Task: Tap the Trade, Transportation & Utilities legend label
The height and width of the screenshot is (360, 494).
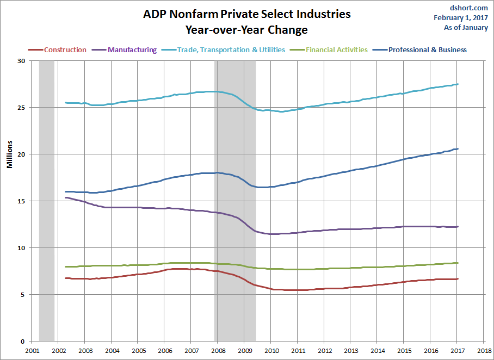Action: (x=231, y=50)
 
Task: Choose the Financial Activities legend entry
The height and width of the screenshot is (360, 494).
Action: (x=337, y=50)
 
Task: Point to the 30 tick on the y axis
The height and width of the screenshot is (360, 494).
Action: (x=21, y=61)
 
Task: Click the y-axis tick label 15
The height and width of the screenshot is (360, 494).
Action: (x=21, y=201)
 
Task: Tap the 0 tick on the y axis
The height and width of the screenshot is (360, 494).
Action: (x=22, y=342)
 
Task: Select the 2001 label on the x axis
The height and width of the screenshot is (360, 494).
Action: (x=32, y=351)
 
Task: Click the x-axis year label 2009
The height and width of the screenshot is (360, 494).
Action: (x=245, y=351)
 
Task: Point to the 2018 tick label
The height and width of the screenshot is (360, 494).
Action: (x=484, y=351)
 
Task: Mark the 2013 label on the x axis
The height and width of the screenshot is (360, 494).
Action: (x=351, y=351)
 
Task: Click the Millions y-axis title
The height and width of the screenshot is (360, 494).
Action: (x=10, y=154)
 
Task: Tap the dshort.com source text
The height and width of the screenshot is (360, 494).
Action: (x=469, y=8)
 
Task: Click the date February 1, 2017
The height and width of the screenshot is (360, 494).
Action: (x=461, y=17)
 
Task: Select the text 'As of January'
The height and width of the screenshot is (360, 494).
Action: (x=466, y=27)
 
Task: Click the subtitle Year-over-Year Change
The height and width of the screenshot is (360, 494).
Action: (x=246, y=29)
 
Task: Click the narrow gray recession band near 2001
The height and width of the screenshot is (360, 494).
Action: (x=47, y=201)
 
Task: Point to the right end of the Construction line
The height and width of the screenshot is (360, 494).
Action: (x=458, y=279)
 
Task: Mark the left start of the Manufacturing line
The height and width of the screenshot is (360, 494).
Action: (x=66, y=197)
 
